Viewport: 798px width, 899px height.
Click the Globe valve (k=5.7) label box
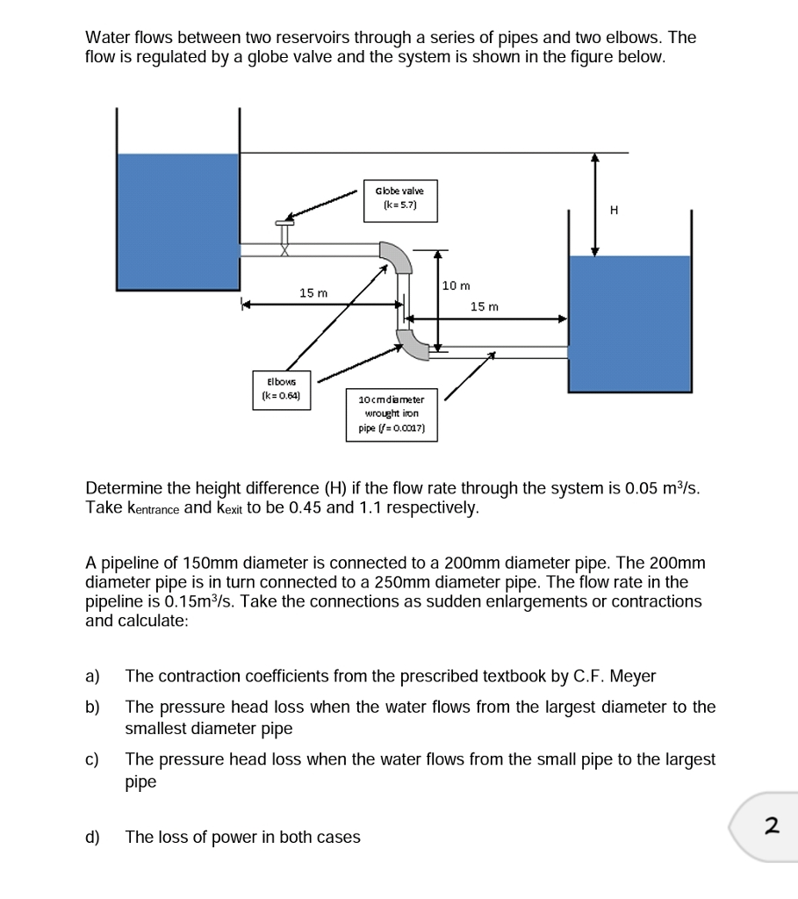point(399,198)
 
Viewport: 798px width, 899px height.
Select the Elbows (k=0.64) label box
point(281,388)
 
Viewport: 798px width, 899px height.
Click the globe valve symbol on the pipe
point(284,237)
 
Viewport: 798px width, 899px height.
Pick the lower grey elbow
point(411,342)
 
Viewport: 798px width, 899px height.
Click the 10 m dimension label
point(457,285)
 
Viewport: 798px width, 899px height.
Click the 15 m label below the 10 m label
point(484,306)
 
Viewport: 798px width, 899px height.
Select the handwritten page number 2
point(772,825)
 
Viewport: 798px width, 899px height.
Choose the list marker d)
point(93,838)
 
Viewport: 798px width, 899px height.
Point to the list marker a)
point(93,676)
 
